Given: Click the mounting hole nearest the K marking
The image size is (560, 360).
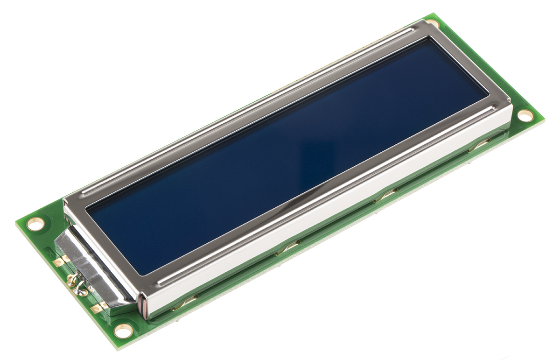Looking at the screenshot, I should click(x=35, y=223).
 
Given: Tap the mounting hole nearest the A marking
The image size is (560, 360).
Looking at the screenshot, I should click(x=123, y=331).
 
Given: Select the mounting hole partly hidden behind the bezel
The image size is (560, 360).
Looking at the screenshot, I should click(x=432, y=23).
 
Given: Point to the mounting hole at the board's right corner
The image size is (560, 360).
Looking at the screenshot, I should click(x=525, y=115).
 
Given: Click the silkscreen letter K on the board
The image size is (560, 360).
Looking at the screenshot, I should click(x=50, y=251).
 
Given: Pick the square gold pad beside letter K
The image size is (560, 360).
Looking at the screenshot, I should click(x=61, y=261).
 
